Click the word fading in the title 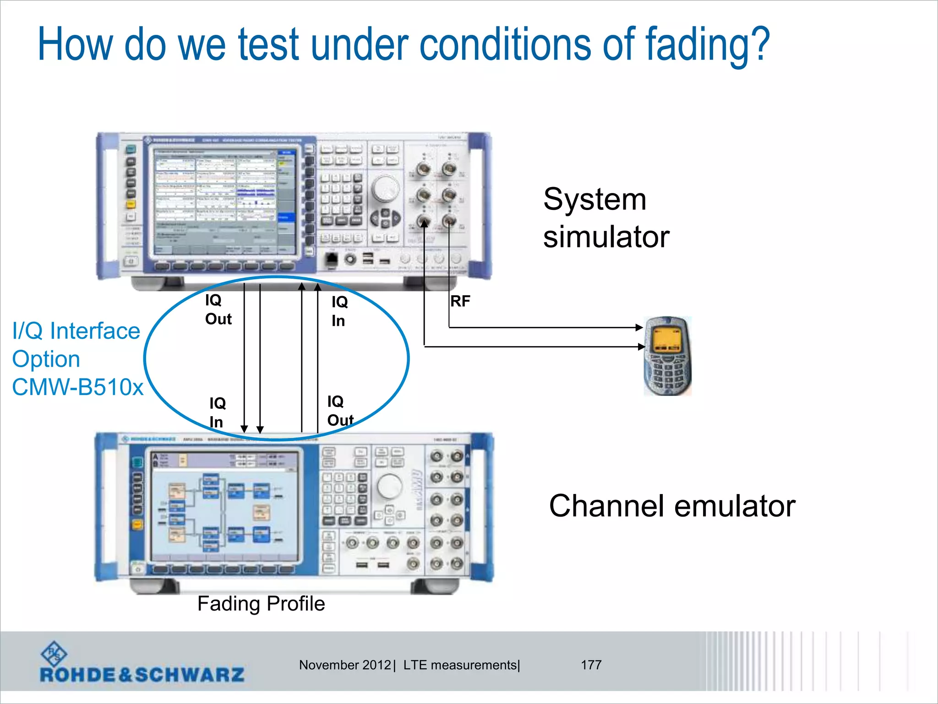[x=708, y=44]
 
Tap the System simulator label [x=605, y=218]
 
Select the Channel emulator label [x=672, y=506]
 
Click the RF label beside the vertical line [x=460, y=301]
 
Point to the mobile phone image [x=668, y=356]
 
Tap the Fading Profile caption [x=261, y=604]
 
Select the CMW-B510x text [x=77, y=387]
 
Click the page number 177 [x=591, y=665]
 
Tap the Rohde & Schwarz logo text [x=142, y=675]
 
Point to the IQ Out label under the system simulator [x=218, y=310]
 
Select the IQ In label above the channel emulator [x=217, y=412]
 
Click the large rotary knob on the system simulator [x=385, y=188]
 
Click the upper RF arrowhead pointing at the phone [x=639, y=327]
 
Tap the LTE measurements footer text [x=461, y=665]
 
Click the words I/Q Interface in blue [x=76, y=331]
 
